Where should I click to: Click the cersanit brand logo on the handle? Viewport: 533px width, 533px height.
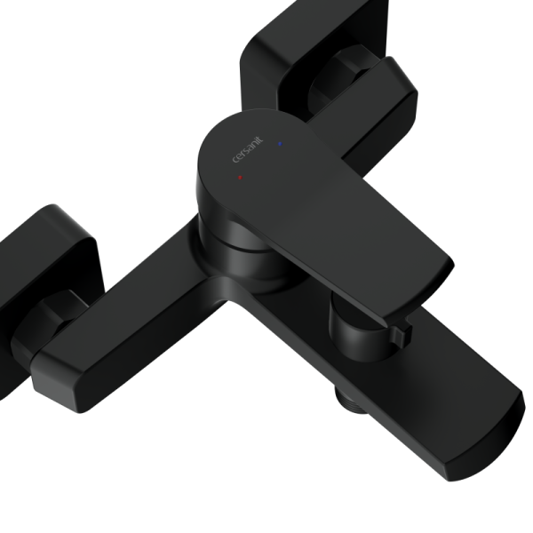tap(248, 149)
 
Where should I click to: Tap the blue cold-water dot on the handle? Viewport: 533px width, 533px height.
tap(280, 144)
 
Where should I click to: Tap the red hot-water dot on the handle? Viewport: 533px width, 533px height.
tap(240, 178)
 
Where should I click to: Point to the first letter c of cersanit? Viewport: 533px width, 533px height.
tap(235, 160)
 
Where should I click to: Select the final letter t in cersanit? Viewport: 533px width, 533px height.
tap(260, 139)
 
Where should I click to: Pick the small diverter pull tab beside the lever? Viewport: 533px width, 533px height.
tap(402, 336)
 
